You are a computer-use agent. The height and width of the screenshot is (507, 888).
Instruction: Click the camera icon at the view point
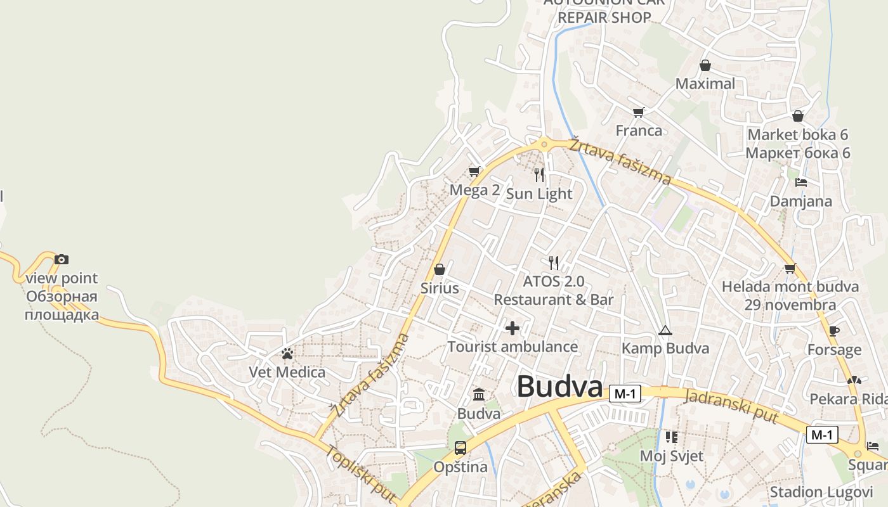tap(62, 259)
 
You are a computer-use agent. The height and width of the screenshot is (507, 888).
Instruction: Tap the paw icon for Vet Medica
tap(287, 353)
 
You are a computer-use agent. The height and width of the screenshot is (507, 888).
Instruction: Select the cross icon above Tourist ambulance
tap(513, 328)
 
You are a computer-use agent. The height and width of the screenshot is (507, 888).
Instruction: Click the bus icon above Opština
tap(460, 448)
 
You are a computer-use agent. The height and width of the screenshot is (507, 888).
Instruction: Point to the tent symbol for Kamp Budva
tap(665, 330)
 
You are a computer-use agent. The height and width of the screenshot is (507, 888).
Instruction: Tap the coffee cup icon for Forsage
tap(834, 331)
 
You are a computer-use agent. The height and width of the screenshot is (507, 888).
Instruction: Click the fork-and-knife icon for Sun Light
tap(539, 174)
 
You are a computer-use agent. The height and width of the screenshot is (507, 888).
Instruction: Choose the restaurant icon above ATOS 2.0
tap(554, 262)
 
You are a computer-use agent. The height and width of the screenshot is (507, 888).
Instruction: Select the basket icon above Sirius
tap(440, 269)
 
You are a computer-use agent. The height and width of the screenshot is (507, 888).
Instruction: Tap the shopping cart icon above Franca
tap(639, 112)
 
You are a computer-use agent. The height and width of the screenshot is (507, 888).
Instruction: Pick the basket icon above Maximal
tap(705, 65)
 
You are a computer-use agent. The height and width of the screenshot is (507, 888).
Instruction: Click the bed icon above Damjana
tap(801, 183)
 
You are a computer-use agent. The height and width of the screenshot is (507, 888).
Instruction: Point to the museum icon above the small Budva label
tap(479, 395)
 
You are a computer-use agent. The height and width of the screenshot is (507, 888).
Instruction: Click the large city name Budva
tap(559, 387)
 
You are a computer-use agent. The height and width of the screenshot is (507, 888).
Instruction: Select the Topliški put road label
tap(360, 473)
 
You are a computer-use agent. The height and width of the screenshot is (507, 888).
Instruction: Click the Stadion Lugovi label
tap(821, 492)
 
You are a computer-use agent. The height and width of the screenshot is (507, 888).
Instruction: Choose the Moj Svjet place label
tap(671, 456)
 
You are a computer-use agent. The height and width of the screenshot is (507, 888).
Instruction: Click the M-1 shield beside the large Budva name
tap(625, 394)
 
